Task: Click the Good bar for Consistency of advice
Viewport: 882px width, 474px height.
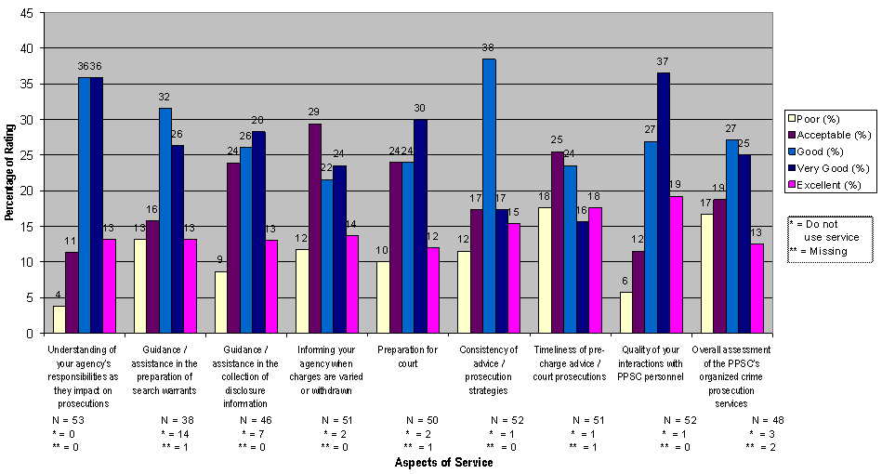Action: pos(489,196)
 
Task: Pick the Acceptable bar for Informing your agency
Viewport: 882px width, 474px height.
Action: pos(314,229)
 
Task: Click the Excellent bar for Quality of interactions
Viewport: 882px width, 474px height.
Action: pos(676,265)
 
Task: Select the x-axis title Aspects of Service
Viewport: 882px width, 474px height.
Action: pos(443,462)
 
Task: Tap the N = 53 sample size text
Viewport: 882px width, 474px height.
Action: pos(68,420)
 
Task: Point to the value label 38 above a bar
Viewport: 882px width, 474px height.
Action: pos(489,46)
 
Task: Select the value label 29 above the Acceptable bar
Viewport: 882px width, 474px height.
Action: pos(314,112)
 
